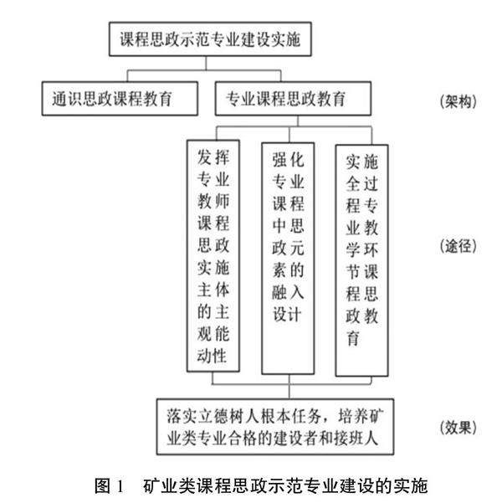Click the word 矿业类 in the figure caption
click(167, 485)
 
